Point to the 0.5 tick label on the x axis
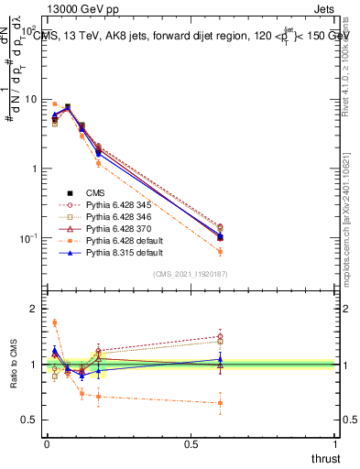[191, 443]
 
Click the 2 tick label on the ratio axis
[33, 309]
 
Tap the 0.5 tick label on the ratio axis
[29, 420]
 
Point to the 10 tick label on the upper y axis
[28, 99]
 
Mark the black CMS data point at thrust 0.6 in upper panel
[219, 236]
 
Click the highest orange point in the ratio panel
[54, 322]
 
